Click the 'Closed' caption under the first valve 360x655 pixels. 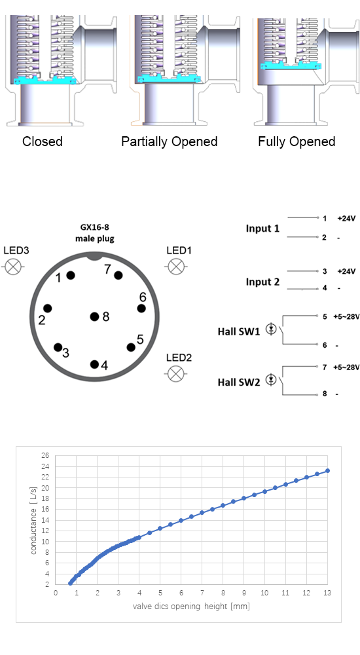point(42,141)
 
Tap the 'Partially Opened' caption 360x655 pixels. point(169,141)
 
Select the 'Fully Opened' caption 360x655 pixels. point(297,141)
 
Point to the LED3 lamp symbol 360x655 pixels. point(13,267)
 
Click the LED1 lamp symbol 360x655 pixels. point(176,266)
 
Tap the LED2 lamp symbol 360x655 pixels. point(175,373)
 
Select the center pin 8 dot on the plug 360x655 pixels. point(95,316)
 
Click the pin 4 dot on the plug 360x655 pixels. point(94,364)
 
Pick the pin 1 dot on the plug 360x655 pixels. point(71,275)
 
